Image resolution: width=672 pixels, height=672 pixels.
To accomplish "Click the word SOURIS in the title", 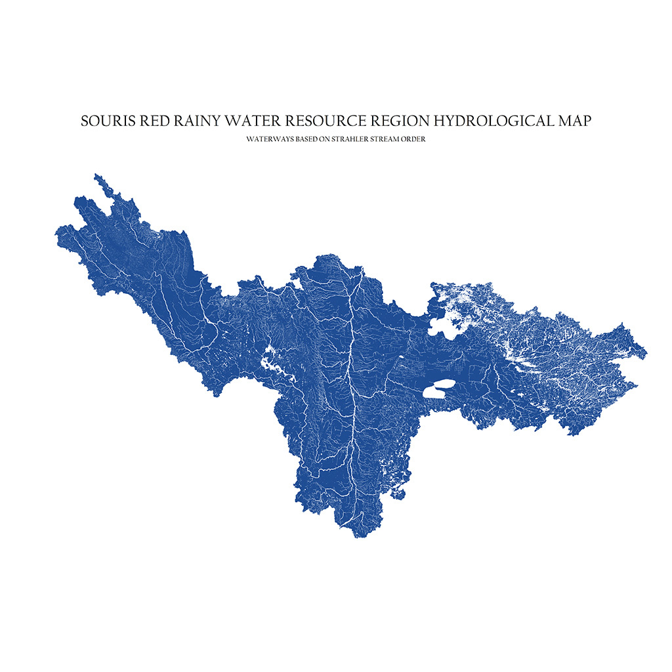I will point(104,121).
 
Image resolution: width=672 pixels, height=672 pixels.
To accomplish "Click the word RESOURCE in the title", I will point(309,121).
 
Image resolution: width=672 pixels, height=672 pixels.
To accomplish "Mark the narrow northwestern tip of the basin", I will point(96,175).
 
